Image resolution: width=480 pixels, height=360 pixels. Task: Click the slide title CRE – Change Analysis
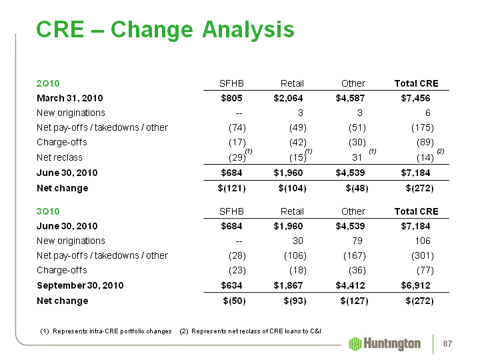point(165,29)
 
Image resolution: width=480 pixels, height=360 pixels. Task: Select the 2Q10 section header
point(48,83)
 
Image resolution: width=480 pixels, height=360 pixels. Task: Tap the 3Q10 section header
point(48,211)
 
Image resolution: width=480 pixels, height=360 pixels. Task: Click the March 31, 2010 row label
point(70,99)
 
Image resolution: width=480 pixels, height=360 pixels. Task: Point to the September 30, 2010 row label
point(80,285)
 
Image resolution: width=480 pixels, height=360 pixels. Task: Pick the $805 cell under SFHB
point(231,99)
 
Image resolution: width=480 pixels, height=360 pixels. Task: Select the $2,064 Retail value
point(288,99)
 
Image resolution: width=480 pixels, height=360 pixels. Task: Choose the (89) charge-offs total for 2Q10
point(425,142)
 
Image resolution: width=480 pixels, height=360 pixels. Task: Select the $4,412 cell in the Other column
point(351,285)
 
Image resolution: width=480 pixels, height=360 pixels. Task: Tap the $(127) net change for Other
point(353,301)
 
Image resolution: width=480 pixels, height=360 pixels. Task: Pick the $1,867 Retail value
point(289,285)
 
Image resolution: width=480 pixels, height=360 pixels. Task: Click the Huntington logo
point(385,343)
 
